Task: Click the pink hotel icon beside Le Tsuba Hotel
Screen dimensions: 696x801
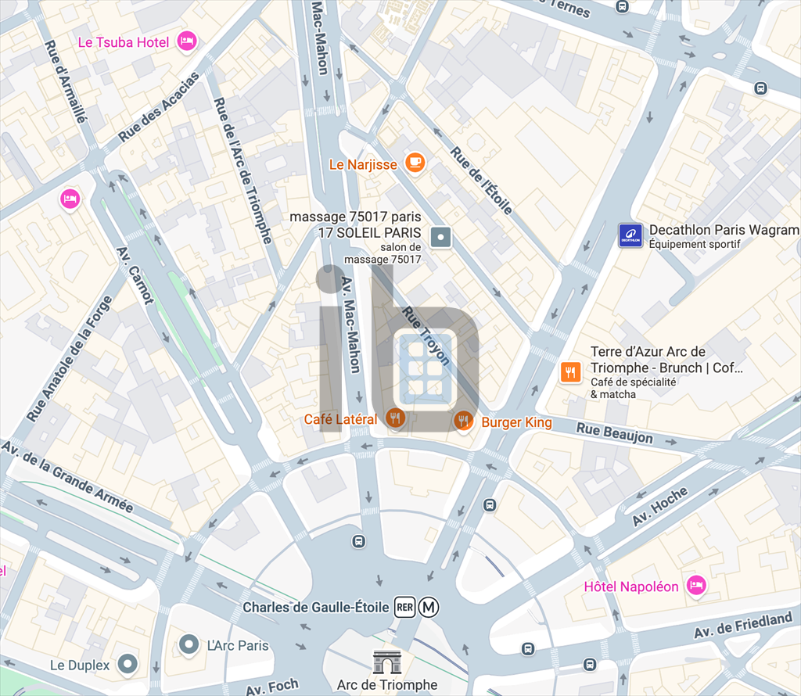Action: (186, 41)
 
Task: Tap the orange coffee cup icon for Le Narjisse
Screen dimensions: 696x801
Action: (415, 163)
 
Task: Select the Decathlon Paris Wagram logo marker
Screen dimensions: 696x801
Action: (630, 235)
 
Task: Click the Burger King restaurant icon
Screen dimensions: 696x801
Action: (464, 421)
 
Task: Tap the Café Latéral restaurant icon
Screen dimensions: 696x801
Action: (397, 419)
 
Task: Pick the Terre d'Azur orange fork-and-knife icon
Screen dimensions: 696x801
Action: (571, 372)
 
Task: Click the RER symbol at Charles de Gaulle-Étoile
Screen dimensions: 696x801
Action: (404, 607)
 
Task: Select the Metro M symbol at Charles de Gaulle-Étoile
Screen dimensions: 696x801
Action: (429, 607)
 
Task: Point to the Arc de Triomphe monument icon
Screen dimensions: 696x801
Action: (386, 662)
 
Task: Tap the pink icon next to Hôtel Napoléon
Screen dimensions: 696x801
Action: (695, 585)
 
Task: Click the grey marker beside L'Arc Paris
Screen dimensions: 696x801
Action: (189, 645)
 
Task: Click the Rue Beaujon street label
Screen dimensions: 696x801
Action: (615, 432)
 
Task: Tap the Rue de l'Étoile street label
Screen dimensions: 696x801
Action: (482, 181)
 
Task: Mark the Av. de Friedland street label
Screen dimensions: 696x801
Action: (744, 625)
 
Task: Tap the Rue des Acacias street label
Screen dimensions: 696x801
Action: (160, 107)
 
